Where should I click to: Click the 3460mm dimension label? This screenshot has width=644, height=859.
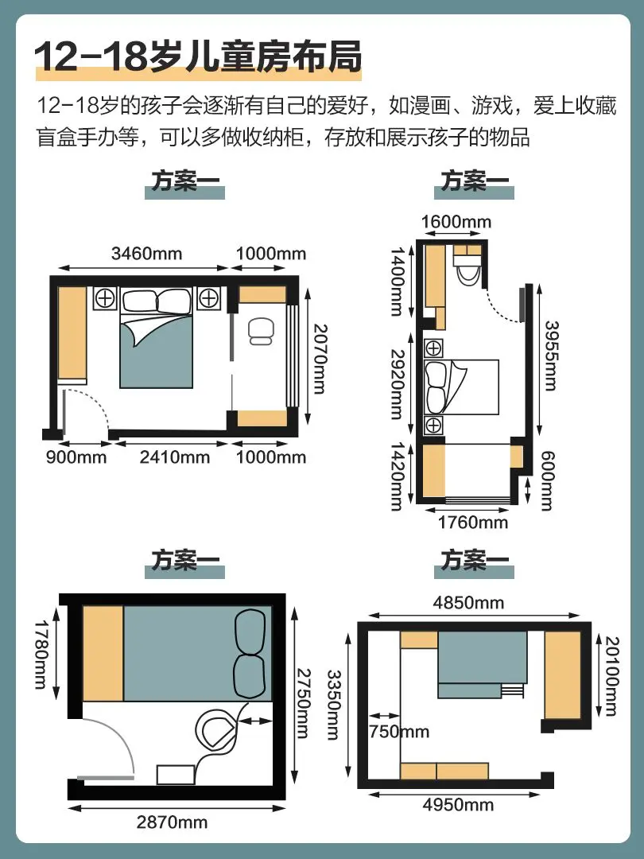(x=146, y=253)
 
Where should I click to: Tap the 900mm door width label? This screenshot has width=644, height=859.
(x=76, y=457)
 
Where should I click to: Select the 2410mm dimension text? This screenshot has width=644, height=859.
(x=175, y=457)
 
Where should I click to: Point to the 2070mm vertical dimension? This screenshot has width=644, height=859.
(x=320, y=359)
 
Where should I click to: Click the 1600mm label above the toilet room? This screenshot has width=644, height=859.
(x=456, y=222)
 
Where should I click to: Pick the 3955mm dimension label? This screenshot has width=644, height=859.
(x=550, y=356)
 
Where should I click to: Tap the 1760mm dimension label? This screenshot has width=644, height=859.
(x=472, y=522)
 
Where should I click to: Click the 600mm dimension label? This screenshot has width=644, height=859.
(x=547, y=480)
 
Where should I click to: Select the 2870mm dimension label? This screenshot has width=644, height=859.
(x=172, y=822)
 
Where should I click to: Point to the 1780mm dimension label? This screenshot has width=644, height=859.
(x=41, y=654)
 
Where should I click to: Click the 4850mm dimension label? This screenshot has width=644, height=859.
(x=468, y=603)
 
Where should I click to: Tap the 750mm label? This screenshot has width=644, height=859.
(x=398, y=732)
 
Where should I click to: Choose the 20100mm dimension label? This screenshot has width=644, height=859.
(x=611, y=676)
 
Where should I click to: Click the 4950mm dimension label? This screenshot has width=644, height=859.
(x=459, y=805)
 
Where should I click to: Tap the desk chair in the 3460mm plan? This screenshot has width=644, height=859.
(x=262, y=332)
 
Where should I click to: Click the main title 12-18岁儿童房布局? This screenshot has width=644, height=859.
(x=198, y=56)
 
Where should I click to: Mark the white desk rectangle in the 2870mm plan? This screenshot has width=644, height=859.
(x=176, y=775)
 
